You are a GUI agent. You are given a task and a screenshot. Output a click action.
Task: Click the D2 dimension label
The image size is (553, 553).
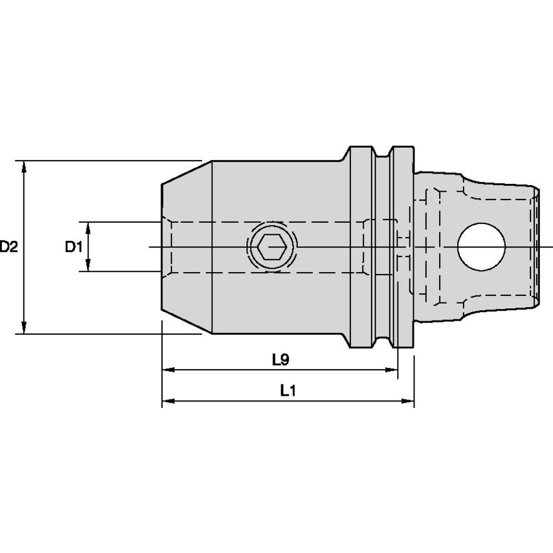(8, 247)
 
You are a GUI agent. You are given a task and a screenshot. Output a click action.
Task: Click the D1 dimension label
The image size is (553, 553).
(72, 247)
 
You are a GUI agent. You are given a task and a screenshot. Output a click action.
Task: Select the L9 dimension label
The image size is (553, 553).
(280, 360)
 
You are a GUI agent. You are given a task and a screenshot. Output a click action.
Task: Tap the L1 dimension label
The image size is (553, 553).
(288, 391)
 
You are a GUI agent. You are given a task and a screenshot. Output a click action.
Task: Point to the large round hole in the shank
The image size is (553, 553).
(480, 247)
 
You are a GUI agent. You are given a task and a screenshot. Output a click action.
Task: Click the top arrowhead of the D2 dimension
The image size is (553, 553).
(25, 166)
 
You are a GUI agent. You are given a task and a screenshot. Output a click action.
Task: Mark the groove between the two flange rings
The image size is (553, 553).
(383, 247)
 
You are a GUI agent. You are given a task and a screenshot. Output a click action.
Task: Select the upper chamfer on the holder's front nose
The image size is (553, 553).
(186, 172)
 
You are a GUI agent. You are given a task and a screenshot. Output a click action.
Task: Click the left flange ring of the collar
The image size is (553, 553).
(362, 247)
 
